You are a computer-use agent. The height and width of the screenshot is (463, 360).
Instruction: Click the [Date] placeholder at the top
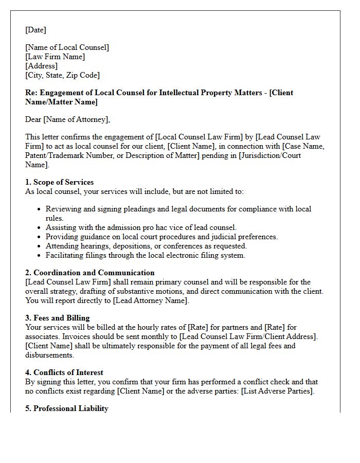[x=35, y=30]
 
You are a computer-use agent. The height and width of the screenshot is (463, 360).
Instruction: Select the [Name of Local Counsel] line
[x=67, y=47]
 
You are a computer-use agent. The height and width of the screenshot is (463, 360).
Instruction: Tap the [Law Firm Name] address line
[x=55, y=57]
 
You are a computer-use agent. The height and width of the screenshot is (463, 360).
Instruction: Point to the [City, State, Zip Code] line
[x=62, y=75]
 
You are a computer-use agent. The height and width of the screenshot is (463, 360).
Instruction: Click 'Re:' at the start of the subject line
[x=30, y=93]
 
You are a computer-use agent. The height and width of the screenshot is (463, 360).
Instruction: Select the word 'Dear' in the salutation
[x=33, y=119]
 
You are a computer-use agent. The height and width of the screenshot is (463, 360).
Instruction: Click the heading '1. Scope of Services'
[x=59, y=182]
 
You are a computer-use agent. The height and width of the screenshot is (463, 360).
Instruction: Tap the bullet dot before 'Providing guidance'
[x=39, y=237]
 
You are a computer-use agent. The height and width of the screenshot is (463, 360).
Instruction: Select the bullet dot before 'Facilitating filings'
[x=39, y=255]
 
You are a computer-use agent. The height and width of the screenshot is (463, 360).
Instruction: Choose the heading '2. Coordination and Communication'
[x=89, y=273]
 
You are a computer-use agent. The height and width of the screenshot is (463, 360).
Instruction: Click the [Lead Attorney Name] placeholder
[x=151, y=300]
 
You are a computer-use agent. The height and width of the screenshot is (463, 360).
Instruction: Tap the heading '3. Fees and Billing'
[x=57, y=318]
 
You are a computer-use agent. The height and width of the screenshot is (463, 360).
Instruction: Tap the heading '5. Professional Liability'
[x=67, y=408]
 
